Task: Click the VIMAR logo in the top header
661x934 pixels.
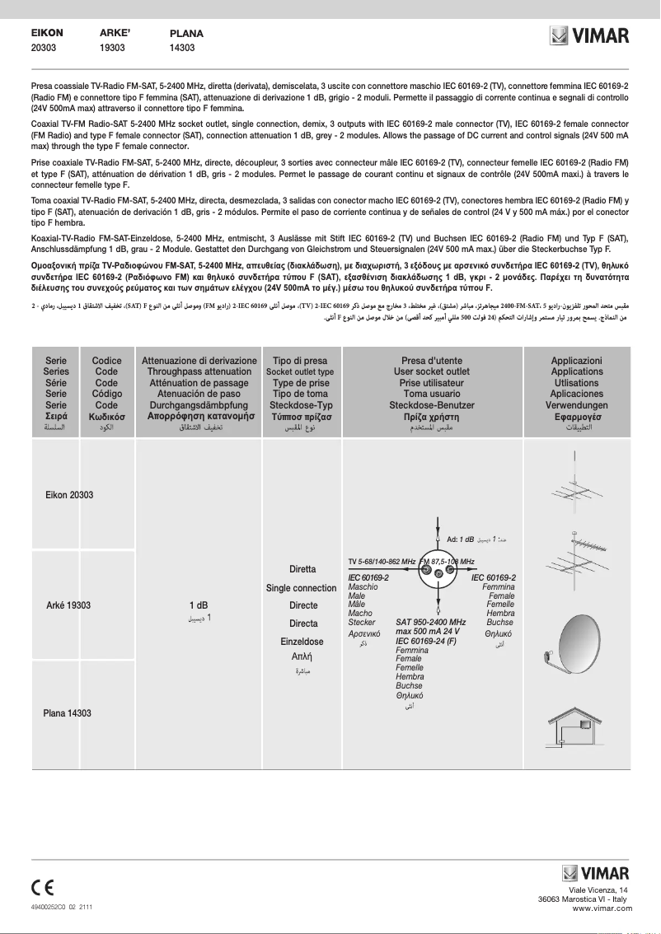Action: point(590,36)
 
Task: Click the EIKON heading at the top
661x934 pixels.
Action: point(47,33)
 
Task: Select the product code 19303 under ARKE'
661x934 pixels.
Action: point(112,49)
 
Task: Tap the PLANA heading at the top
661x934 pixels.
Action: point(186,34)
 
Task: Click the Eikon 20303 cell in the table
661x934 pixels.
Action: point(69,495)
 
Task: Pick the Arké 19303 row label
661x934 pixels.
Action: point(68,605)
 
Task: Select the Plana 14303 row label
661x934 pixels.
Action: point(67,713)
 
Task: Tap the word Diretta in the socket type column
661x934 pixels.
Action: point(302,569)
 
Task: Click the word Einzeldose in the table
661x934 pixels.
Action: point(302,641)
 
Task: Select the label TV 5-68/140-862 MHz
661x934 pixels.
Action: point(382,562)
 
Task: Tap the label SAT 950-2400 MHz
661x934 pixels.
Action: point(431,623)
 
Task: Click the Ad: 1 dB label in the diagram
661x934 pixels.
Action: point(460,539)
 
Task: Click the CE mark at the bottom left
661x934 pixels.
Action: point(43,888)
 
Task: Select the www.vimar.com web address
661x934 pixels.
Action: point(602,908)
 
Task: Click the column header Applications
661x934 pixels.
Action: point(577,372)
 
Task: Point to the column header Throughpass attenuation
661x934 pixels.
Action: point(199,372)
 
